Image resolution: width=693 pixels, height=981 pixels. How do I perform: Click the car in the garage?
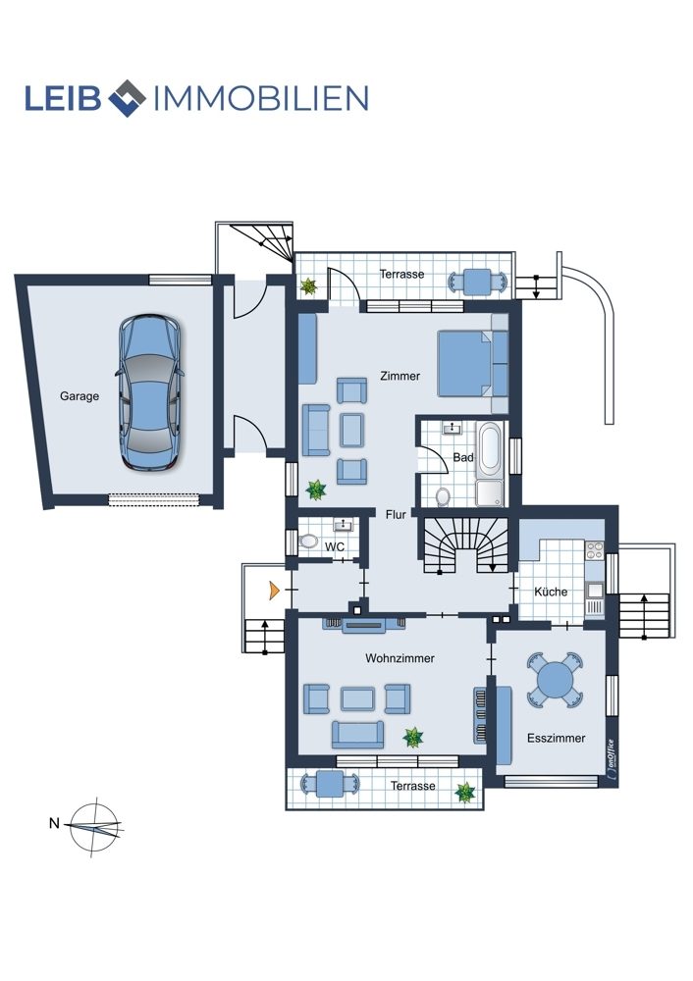click(150, 392)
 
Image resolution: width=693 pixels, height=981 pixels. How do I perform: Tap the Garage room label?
click(80, 396)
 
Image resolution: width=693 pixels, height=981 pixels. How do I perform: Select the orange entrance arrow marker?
click(274, 590)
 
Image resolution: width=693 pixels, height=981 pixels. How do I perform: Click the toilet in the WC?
click(308, 541)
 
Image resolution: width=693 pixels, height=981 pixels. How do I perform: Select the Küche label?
click(551, 592)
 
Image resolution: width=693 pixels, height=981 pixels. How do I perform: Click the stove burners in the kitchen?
click(594, 550)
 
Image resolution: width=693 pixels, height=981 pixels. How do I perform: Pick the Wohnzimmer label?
click(400, 658)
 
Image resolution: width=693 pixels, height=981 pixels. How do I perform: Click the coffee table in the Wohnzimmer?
click(358, 698)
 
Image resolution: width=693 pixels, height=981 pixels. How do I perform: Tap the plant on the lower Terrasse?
click(465, 793)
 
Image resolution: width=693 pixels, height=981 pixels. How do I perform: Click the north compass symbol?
click(94, 827)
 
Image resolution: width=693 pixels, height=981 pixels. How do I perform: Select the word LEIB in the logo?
click(63, 98)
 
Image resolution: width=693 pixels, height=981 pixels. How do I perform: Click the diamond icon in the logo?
click(127, 98)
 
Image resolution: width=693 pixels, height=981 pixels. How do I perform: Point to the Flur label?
click(396, 514)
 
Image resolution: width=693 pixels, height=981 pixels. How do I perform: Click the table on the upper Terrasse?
click(478, 283)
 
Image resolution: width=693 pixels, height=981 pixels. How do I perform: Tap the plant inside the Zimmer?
click(316, 490)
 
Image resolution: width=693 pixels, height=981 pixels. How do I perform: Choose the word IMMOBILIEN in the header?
click(261, 98)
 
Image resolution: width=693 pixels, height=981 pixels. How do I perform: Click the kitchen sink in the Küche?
click(595, 590)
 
